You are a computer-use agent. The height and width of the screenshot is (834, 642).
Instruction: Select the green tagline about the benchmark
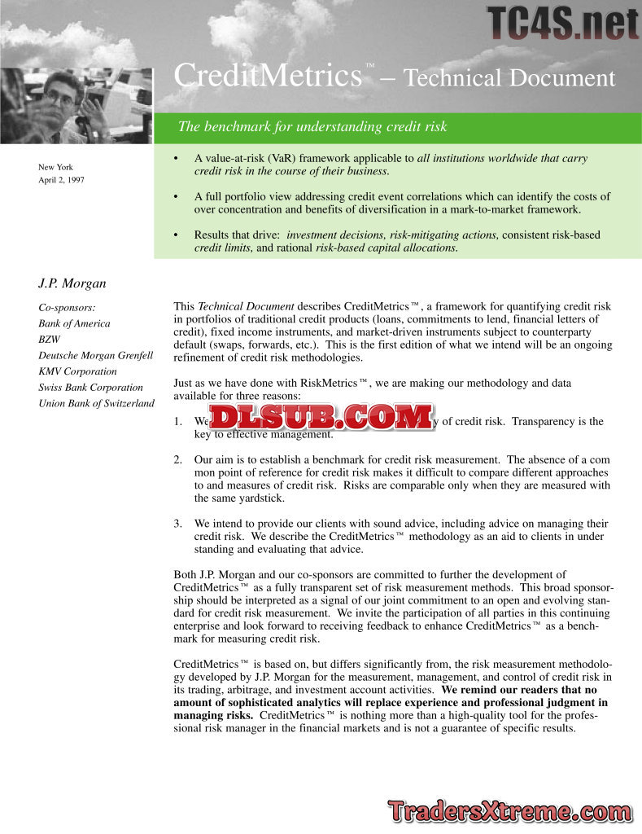point(312,127)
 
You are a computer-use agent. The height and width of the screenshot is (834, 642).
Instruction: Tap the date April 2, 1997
point(61,180)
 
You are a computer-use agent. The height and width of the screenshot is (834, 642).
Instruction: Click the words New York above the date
point(55,167)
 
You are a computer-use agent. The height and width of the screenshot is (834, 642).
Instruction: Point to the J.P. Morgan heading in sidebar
point(72,283)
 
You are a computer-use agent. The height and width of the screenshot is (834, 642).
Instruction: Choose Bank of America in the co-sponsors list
point(74,323)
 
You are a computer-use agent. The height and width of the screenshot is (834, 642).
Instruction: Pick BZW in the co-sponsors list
point(49,340)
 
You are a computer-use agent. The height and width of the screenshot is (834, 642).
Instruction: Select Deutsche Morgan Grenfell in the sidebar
point(95,355)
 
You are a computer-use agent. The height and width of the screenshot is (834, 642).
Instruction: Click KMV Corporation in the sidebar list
point(77,371)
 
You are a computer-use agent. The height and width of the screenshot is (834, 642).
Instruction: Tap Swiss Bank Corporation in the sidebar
point(90,388)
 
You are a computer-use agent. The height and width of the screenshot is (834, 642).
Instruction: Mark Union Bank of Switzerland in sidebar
point(96,403)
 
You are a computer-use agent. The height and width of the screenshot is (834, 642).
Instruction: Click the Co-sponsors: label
point(67,308)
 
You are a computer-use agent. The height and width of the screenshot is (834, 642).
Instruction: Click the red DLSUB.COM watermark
point(322,417)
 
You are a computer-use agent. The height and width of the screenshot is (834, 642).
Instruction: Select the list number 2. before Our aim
point(178,460)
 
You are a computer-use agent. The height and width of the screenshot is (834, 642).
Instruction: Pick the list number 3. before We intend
point(178,524)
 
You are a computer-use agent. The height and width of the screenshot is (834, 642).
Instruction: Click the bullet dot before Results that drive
point(176,235)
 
